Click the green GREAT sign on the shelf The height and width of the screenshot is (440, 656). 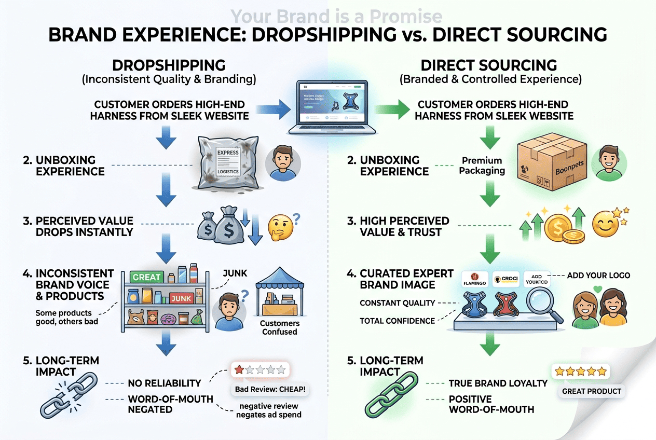146,277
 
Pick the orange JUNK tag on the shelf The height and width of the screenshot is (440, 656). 182,298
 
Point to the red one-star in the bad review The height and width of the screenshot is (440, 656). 239,369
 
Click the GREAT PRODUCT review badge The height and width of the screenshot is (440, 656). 592,391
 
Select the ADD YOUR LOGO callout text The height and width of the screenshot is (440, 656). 599,275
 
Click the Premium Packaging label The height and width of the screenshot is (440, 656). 482,166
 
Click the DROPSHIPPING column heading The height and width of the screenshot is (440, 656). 169,65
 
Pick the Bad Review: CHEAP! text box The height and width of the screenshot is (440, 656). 270,389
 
